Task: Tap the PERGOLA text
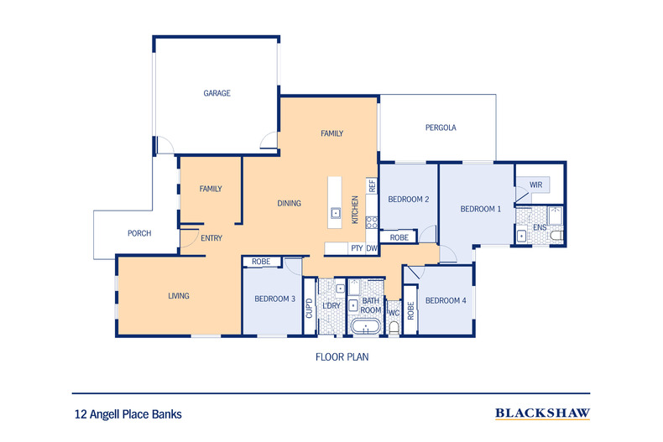[440, 127]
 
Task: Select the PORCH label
[138, 233]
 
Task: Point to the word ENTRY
[211, 238]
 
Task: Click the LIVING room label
[178, 295]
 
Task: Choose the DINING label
[289, 203]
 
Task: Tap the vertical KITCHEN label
[355, 209]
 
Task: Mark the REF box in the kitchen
[371, 185]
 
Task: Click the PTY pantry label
[357, 248]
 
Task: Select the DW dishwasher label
[371, 248]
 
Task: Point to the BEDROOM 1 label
[481, 209]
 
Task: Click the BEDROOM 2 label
[409, 199]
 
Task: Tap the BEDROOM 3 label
[275, 299]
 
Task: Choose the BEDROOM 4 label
[445, 300]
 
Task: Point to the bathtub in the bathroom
[366, 326]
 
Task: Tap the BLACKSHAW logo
[542, 413]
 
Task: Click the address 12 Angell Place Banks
[128, 413]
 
